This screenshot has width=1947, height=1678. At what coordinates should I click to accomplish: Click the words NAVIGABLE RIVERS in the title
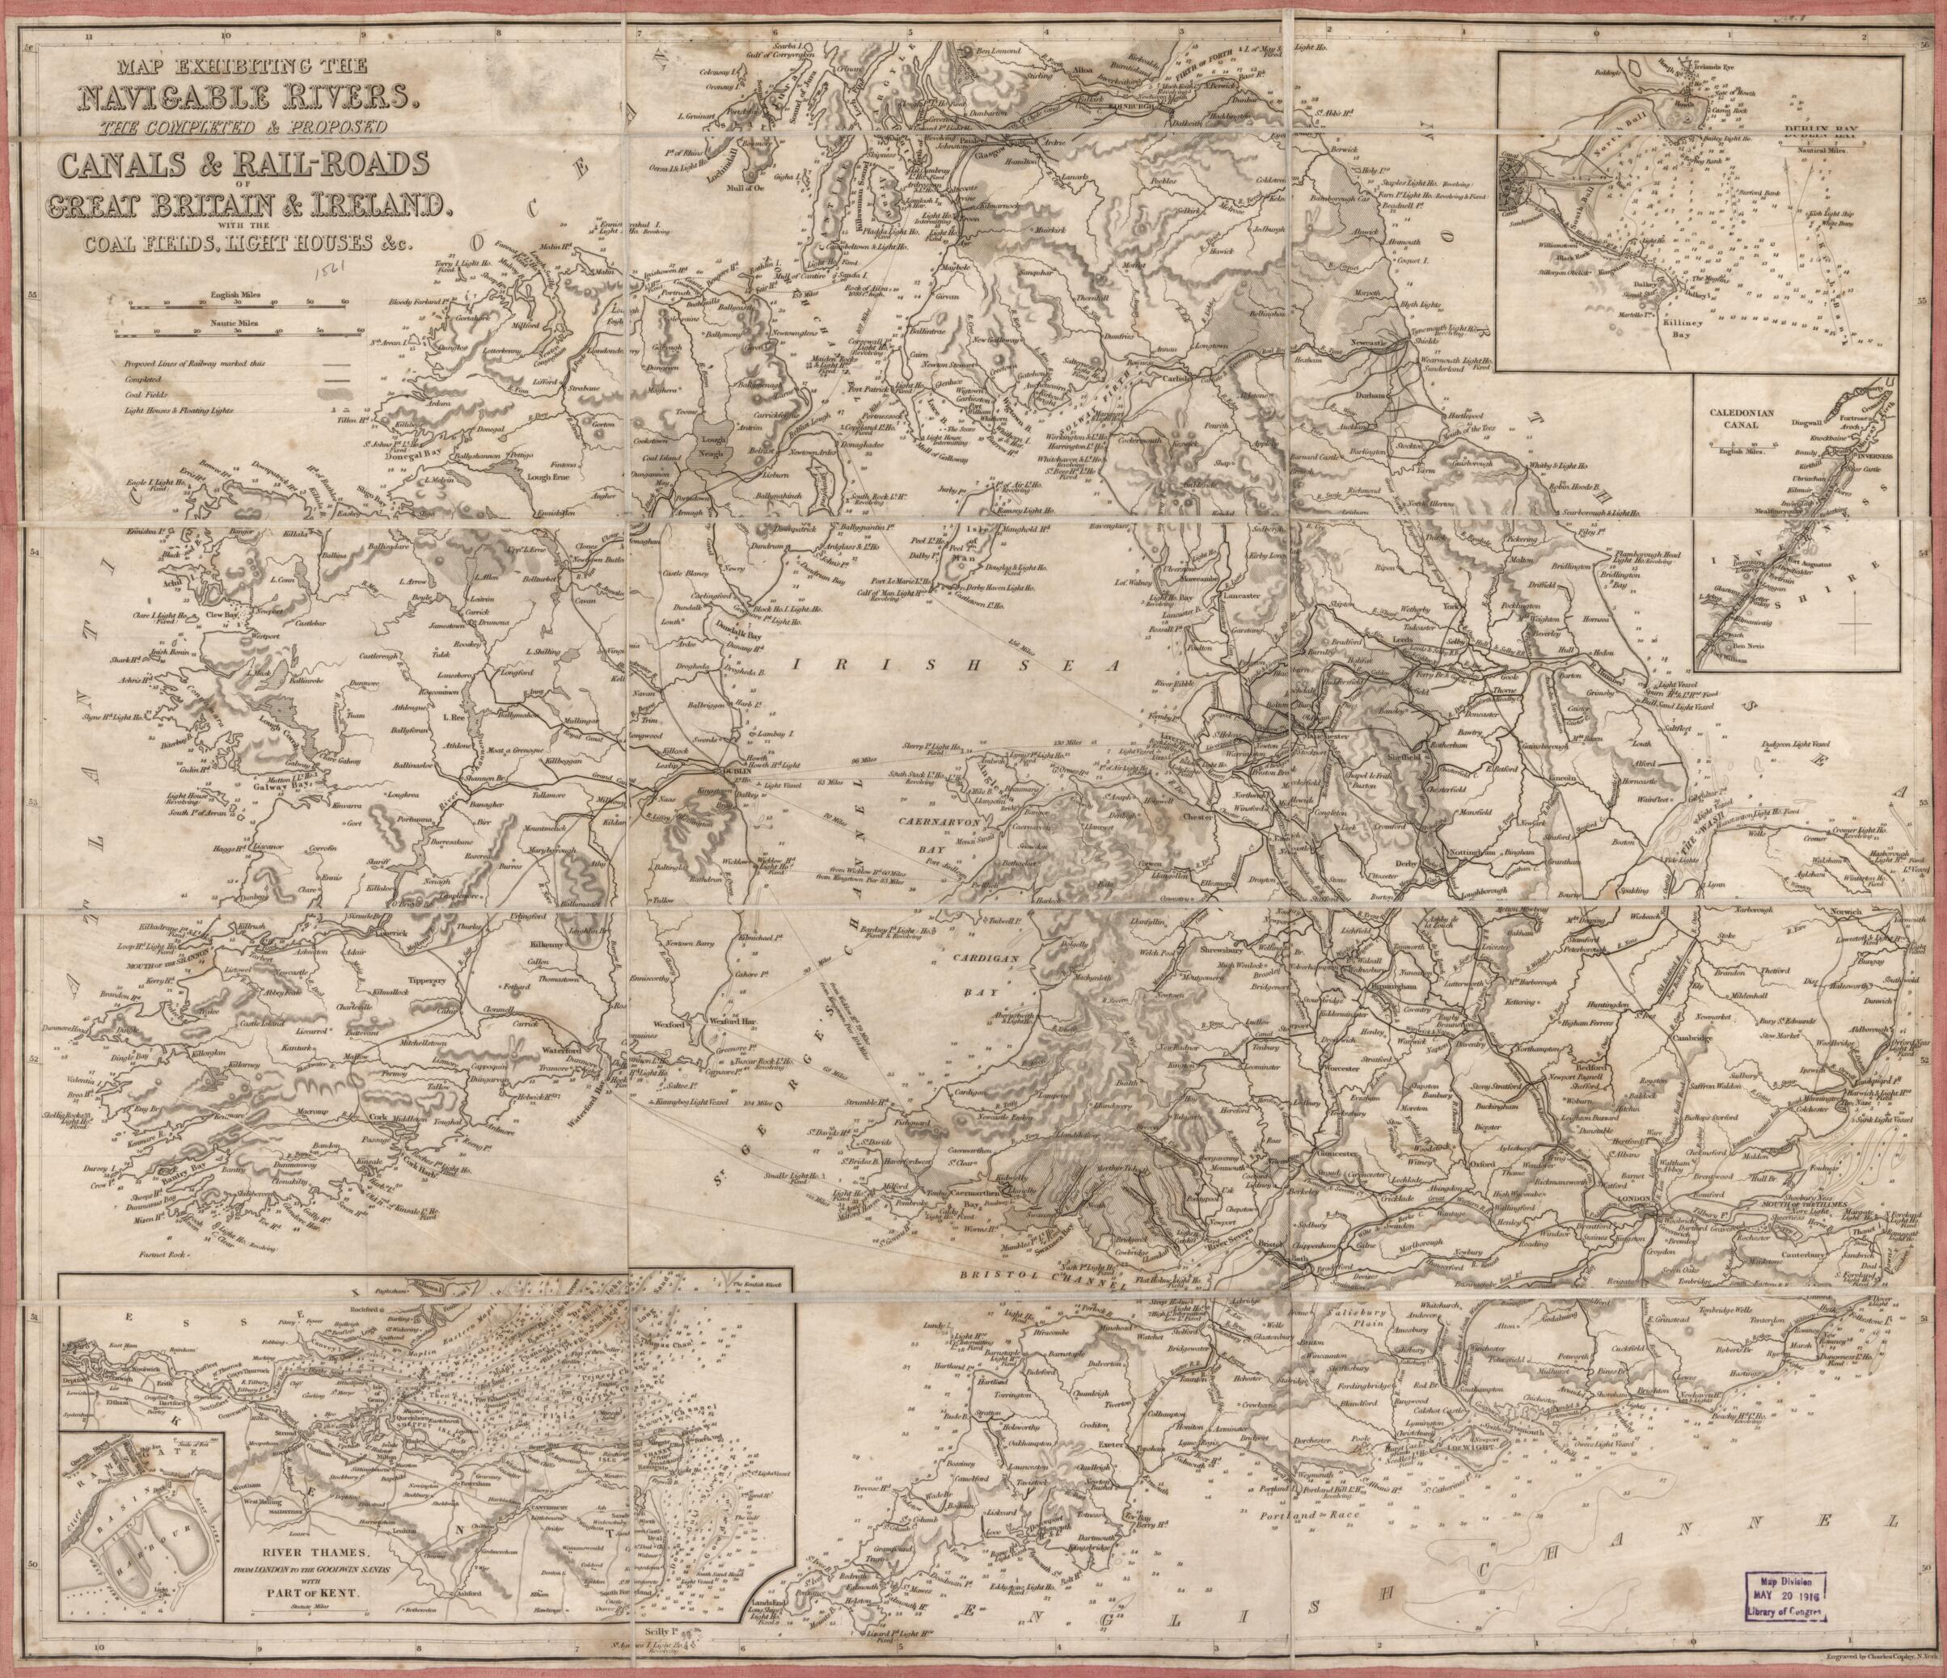click(245, 98)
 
